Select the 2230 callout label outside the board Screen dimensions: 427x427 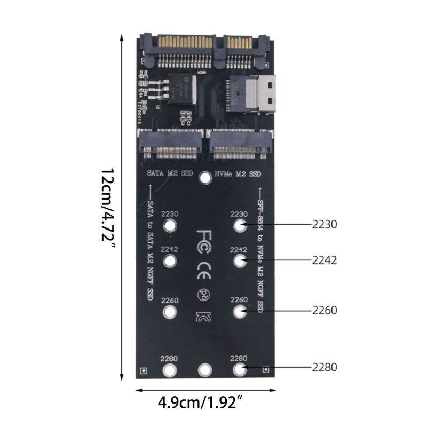pyautogui.click(x=324, y=225)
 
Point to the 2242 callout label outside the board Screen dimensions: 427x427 pyautogui.click(x=324, y=260)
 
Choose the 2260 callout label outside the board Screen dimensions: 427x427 pyautogui.click(x=324, y=310)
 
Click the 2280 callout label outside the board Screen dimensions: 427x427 pyautogui.click(x=324, y=367)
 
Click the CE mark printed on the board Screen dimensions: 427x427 pyautogui.click(x=204, y=265)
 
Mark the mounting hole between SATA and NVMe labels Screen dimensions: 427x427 pyautogui.click(x=204, y=177)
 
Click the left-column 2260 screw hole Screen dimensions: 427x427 pyautogui.click(x=170, y=312)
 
